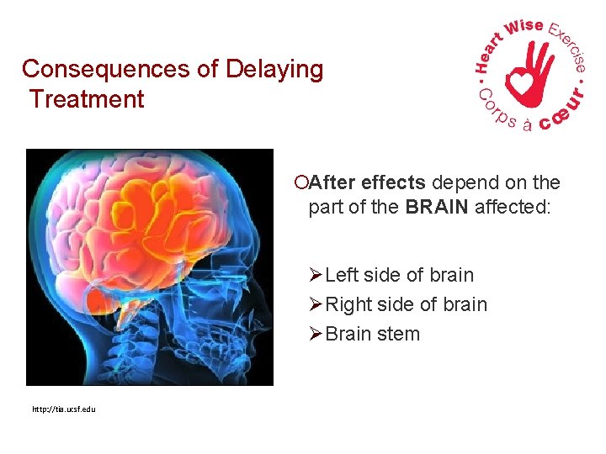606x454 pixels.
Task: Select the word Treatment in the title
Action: pos(87,99)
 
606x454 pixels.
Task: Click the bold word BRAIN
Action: pos(437,207)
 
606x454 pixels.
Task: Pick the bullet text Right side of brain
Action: pos(406,304)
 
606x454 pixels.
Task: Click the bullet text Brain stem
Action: pos(372,334)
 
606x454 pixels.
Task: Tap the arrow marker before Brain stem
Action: pos(316,334)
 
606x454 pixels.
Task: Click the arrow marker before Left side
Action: pos(316,275)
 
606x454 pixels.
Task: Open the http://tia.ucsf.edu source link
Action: pos(63,409)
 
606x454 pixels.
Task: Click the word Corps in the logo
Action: pos(497,114)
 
